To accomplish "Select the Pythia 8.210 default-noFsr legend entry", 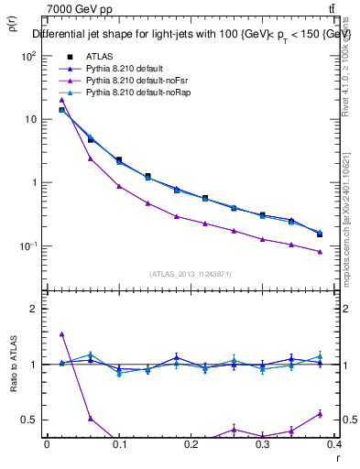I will coord(119,82).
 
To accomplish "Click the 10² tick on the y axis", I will coord(29,56).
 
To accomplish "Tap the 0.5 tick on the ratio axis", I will coord(29,420).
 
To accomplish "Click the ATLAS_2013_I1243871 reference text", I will coord(190,274).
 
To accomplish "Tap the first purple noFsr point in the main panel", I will coord(61,100).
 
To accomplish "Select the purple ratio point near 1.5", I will coord(61,334).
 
